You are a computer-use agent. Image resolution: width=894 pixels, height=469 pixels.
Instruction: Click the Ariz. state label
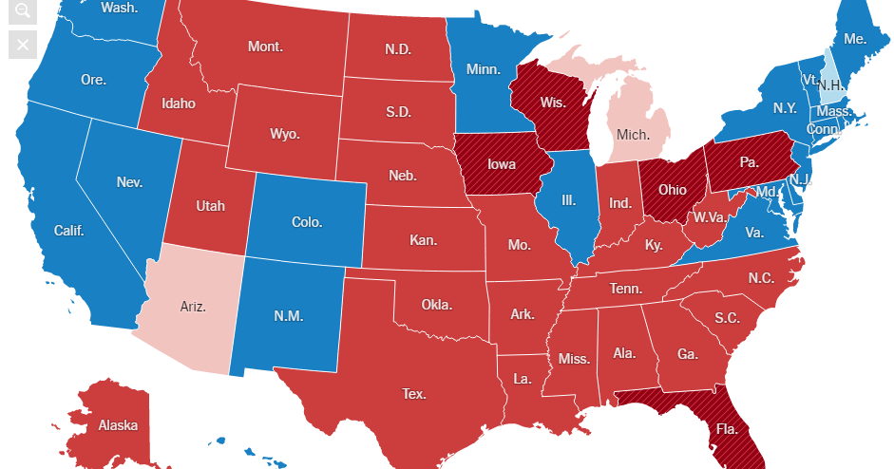click(x=193, y=306)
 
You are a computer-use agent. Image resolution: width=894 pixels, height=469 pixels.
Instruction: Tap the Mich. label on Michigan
click(x=633, y=134)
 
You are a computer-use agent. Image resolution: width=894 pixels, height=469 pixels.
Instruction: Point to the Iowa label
click(x=502, y=164)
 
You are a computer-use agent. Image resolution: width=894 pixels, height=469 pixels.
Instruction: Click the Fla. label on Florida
click(x=727, y=428)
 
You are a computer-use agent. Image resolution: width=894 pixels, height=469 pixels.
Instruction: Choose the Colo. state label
click(x=307, y=222)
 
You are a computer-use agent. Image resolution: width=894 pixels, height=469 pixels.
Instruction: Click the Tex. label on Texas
click(x=413, y=392)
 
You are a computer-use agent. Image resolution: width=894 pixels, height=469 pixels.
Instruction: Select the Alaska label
click(x=118, y=424)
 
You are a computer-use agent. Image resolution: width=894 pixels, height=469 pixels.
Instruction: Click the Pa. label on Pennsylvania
click(x=750, y=162)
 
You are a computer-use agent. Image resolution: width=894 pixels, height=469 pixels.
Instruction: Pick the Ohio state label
click(x=673, y=189)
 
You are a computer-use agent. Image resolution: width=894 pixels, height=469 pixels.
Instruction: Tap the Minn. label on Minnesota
click(x=484, y=69)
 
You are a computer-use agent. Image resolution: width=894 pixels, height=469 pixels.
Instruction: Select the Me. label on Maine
click(x=855, y=39)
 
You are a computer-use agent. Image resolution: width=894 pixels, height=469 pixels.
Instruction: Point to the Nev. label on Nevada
click(x=129, y=181)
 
